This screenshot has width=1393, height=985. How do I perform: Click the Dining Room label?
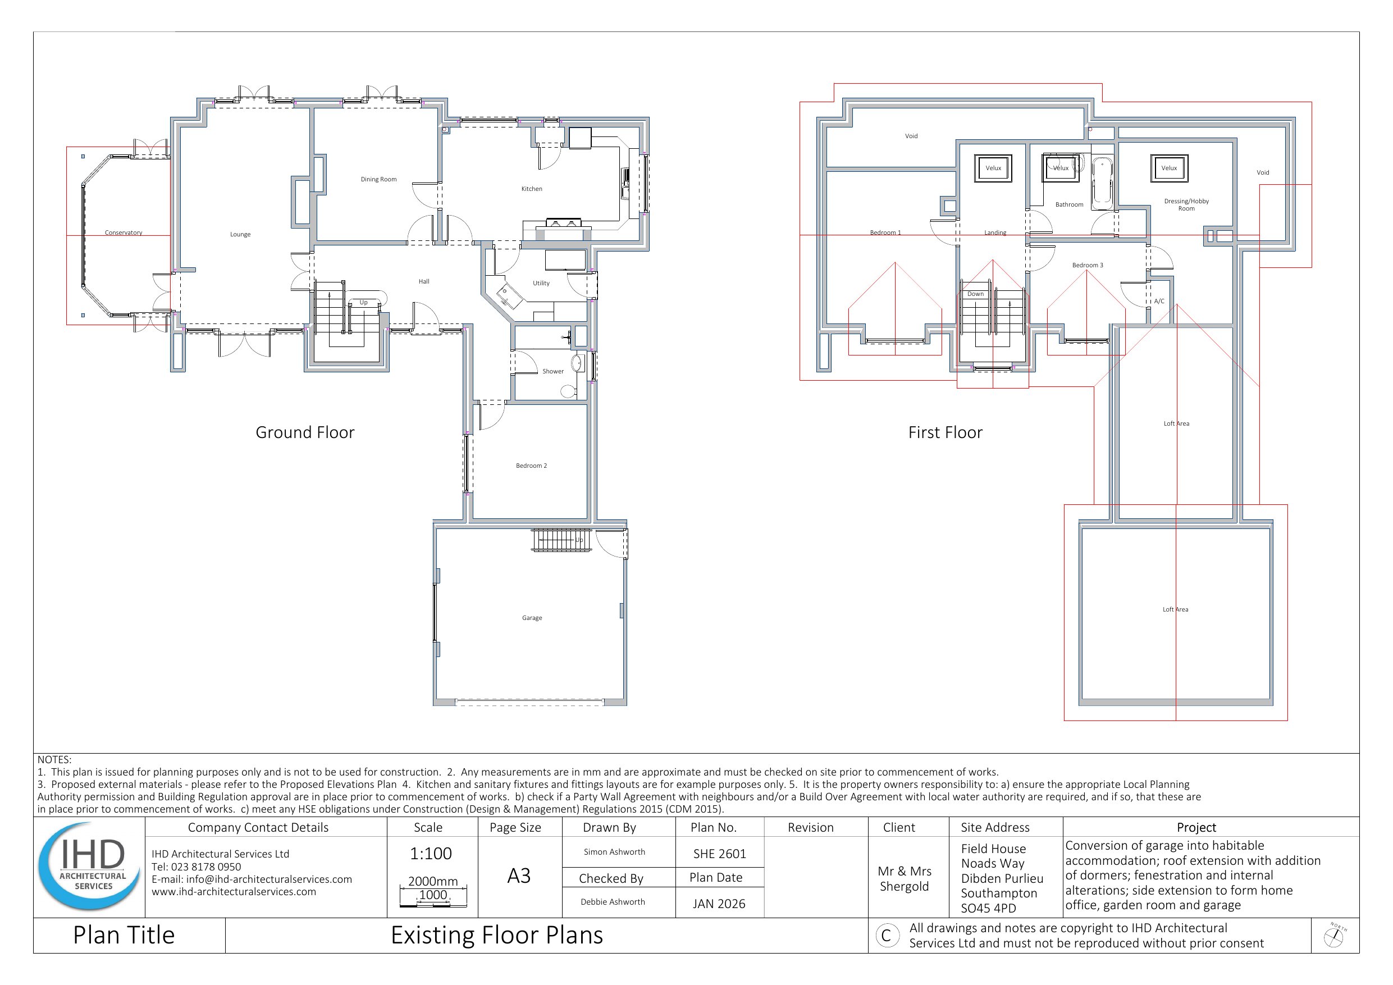pyautogui.click(x=378, y=179)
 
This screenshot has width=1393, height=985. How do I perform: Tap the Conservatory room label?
pyautogui.click(x=123, y=232)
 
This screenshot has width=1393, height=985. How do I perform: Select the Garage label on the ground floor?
pyautogui.click(x=532, y=618)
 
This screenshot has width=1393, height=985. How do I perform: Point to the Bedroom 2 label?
pyautogui.click(x=532, y=466)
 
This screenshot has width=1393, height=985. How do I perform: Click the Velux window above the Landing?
pyautogui.click(x=993, y=168)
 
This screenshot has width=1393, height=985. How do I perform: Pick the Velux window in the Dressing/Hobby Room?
pyautogui.click(x=1169, y=168)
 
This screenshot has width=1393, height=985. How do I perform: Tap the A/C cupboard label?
pyautogui.click(x=1159, y=301)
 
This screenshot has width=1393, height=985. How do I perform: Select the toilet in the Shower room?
pyautogui.click(x=568, y=391)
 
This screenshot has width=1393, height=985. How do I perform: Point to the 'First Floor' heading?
pyautogui.click(x=946, y=432)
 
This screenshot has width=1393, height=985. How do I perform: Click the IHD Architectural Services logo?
pyautogui.click(x=90, y=867)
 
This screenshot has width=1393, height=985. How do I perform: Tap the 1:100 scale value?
pyautogui.click(x=431, y=853)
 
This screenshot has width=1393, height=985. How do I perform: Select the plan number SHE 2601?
pyautogui.click(x=720, y=854)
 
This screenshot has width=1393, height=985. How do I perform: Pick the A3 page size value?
pyautogui.click(x=519, y=875)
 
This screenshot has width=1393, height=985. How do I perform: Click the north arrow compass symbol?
pyautogui.click(x=1334, y=936)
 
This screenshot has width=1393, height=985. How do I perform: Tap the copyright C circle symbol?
pyautogui.click(x=887, y=936)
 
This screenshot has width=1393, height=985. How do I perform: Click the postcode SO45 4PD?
pyautogui.click(x=988, y=908)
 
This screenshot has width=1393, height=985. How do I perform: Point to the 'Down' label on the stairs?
pyautogui.click(x=976, y=294)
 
